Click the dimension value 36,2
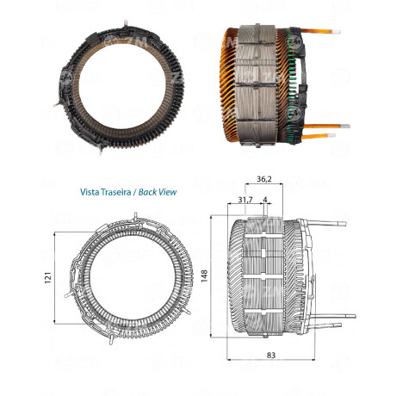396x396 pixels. [x=264, y=179]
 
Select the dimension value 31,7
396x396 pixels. [x=245, y=200]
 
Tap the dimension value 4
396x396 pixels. [x=265, y=200]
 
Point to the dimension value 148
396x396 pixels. [x=204, y=275]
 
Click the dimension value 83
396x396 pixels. [x=271, y=356]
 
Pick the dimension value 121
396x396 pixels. [x=48, y=277]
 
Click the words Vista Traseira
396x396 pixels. [x=105, y=192]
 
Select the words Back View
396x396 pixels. [x=158, y=192]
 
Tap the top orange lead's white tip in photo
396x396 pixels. [x=337, y=32]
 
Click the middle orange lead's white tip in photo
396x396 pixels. [x=345, y=127]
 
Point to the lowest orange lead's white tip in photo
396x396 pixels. [x=331, y=135]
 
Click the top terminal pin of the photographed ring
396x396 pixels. [x=126, y=24]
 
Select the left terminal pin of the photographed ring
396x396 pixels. [x=57, y=105]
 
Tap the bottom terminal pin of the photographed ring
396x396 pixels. [x=101, y=150]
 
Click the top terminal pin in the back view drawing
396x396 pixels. [x=136, y=216]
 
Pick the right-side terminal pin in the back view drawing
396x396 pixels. [x=187, y=311]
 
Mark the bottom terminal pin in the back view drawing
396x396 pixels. [x=111, y=339]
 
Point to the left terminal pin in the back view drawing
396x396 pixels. [x=68, y=294]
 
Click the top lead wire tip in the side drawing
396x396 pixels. [x=342, y=224]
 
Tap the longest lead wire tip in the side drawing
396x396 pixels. [x=351, y=316]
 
